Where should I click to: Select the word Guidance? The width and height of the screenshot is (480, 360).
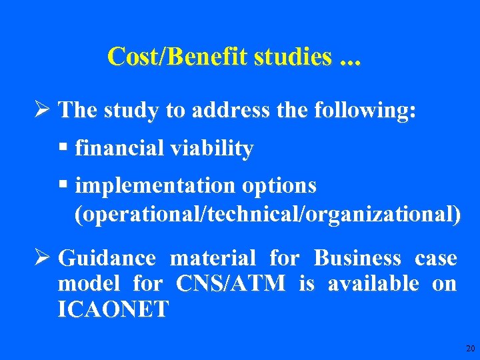107,258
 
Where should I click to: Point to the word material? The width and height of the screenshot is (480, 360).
213,258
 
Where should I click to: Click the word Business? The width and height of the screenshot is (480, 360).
357,258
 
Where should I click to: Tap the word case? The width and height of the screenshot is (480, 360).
435,258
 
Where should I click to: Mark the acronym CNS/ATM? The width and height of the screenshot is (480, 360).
231,284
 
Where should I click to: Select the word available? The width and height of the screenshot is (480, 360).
373,284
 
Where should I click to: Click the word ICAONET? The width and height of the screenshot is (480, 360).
113,309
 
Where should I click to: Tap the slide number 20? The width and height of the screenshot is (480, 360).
470,349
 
